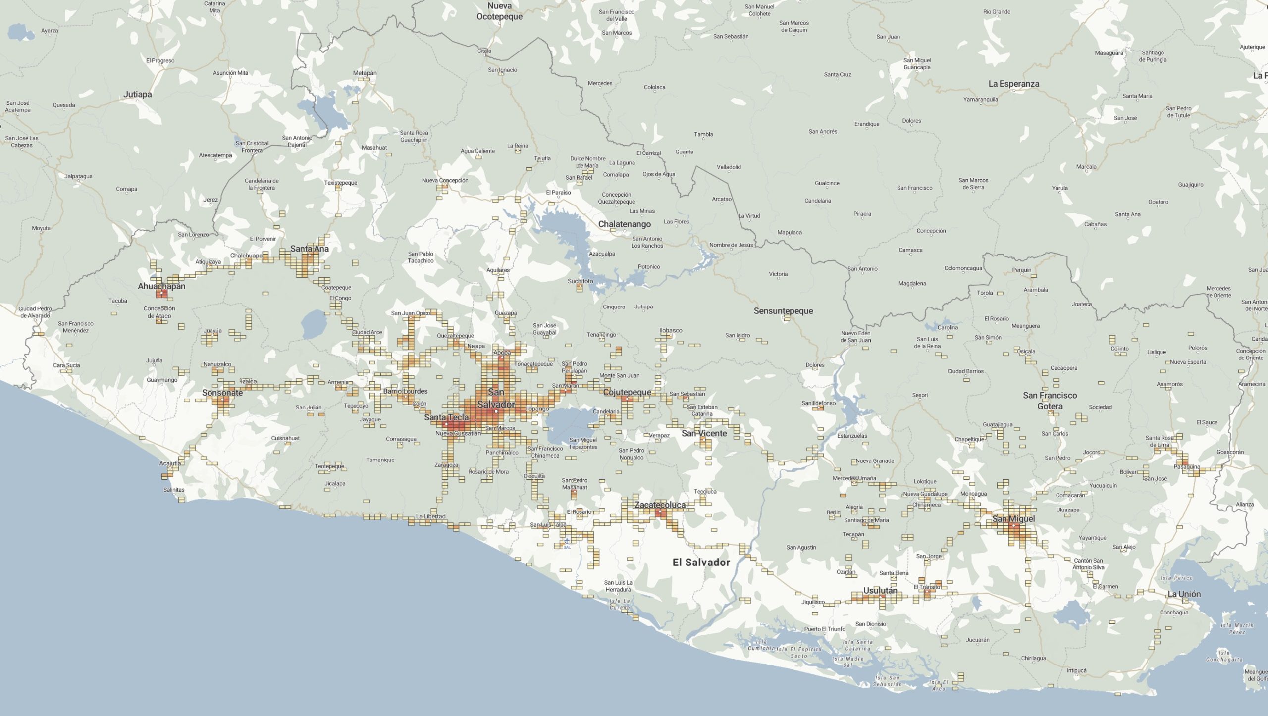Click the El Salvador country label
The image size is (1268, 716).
coord(701,562)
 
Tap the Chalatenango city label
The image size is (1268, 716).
coord(624,224)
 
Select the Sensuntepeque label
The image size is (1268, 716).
coord(783,311)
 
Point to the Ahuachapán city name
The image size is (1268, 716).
coord(161,286)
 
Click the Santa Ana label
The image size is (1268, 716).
coord(310,249)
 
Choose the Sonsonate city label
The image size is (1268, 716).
coord(222,393)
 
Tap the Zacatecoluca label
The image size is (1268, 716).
coord(660,505)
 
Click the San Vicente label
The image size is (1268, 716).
coord(704,433)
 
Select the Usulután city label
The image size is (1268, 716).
coord(880,590)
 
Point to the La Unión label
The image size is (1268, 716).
coord(1184,594)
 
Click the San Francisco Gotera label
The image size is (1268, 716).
coord(1050,401)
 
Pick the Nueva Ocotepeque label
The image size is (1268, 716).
coord(499,11)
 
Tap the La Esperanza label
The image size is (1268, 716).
coord(1013,84)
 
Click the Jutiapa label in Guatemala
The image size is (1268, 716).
coord(138,94)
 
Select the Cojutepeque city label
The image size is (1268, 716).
coord(627,392)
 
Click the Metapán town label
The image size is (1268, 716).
coord(365,73)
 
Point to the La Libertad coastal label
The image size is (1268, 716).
coord(430,516)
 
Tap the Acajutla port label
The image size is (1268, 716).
coord(170,463)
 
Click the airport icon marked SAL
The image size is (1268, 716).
coord(567,541)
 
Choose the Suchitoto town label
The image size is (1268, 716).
coord(580,281)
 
